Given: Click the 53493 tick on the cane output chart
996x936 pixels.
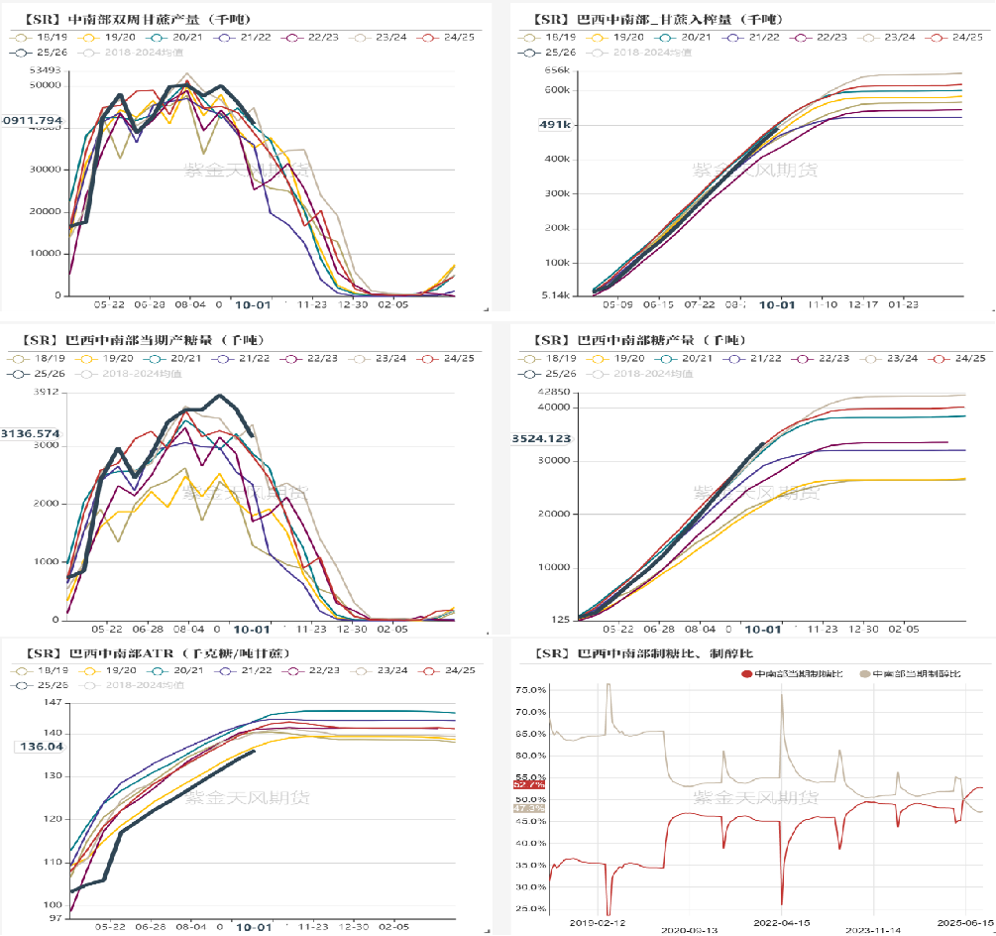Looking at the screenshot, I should [44, 70].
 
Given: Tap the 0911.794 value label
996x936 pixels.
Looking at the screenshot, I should [32, 121].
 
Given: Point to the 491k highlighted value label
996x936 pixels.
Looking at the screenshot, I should [555, 125].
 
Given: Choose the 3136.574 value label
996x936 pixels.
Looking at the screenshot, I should [32, 433].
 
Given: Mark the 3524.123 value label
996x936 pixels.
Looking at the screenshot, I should [541, 438].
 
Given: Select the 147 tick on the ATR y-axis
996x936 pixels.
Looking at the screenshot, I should [52, 703].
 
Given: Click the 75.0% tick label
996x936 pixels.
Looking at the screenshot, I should [531, 690].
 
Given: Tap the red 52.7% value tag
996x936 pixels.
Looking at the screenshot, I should [528, 784].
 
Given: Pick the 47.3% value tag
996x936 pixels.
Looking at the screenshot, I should [528, 808].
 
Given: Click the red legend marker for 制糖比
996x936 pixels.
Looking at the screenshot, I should [747, 674].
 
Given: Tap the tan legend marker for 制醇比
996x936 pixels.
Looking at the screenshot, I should [864, 674].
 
